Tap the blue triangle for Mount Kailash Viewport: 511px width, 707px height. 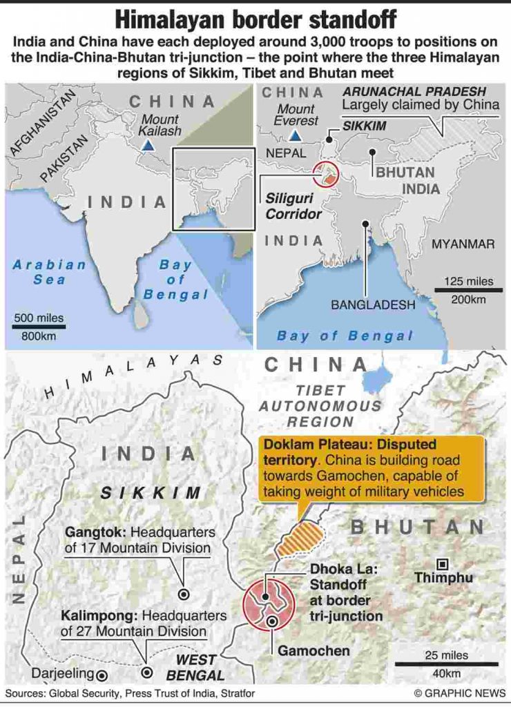(148, 146)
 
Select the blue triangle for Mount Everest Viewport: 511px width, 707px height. (295, 135)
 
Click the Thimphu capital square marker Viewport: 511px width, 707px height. (442, 563)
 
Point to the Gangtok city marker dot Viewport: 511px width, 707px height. (184, 594)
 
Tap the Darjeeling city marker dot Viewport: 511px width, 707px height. (102, 675)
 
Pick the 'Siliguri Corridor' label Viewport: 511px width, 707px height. (294, 206)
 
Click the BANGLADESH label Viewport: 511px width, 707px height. (373, 304)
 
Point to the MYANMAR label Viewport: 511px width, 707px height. (463, 244)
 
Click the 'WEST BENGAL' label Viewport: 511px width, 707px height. (195, 668)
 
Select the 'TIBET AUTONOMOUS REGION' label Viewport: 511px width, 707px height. (319, 406)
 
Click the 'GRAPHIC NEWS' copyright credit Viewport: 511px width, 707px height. (459, 692)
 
